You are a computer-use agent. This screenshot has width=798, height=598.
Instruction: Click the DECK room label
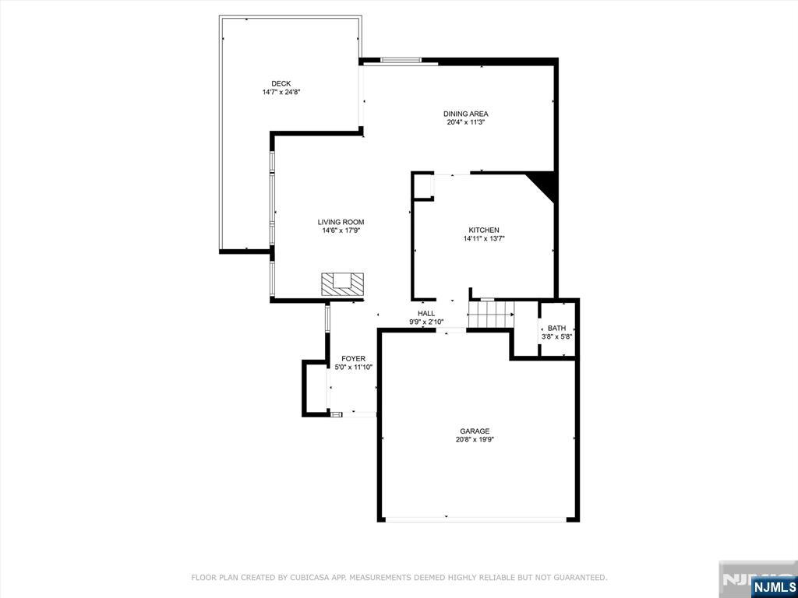point(281,84)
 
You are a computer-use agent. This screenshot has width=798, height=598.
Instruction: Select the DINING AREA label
point(466,114)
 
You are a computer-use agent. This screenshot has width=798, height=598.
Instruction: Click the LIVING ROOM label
point(341,222)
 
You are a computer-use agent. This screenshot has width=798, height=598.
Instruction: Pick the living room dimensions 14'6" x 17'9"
point(341,230)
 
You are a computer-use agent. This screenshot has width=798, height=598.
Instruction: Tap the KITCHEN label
point(483,230)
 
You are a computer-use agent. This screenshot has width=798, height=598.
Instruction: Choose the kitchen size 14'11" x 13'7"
point(483,239)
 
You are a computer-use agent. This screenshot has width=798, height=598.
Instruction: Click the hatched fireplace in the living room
point(343,283)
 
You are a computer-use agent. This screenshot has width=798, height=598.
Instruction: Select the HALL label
point(426,313)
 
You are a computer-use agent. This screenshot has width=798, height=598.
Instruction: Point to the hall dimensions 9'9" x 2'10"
point(426,322)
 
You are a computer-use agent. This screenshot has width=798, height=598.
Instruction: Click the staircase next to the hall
point(491,315)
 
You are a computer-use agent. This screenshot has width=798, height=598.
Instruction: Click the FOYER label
point(353,358)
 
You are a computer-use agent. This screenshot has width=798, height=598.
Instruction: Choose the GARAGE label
point(475,431)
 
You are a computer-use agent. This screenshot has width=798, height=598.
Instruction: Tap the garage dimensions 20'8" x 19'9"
point(475,440)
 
